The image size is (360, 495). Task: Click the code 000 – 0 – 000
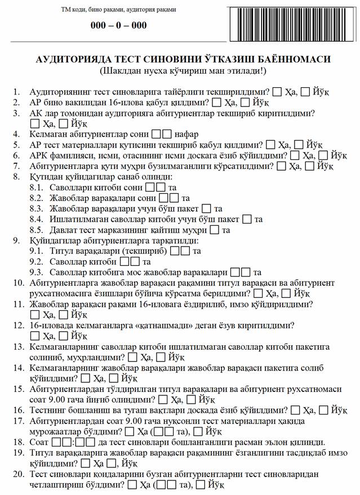tap(119, 26)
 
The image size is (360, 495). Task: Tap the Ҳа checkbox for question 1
tap(278, 92)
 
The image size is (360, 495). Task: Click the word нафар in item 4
tap(187, 135)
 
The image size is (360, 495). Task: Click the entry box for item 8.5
tap(215, 230)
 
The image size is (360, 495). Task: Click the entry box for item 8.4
tap(247, 220)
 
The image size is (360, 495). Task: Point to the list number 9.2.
tap(37, 262)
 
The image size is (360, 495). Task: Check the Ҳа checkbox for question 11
tap(35, 315)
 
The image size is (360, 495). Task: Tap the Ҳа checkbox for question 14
tap(85, 379)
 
